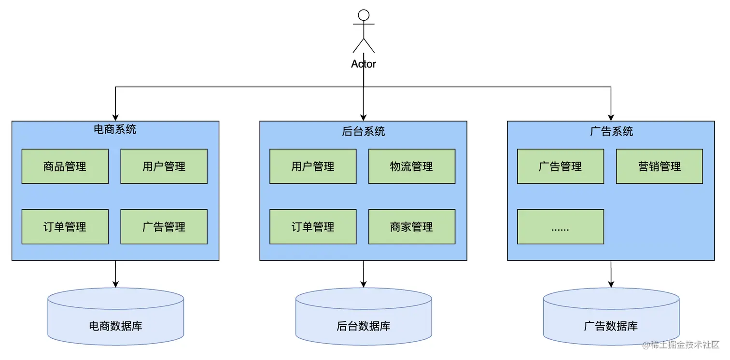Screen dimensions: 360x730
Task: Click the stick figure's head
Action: click(364, 15)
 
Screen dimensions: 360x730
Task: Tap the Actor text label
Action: click(364, 64)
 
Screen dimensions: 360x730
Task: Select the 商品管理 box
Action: click(65, 166)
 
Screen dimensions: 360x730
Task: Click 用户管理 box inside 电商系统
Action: click(164, 166)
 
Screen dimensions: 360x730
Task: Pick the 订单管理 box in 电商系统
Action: click(65, 227)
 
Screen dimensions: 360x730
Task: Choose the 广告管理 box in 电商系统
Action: click(164, 227)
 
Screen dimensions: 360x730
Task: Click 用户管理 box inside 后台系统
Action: click(313, 166)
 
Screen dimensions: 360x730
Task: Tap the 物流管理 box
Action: click(412, 166)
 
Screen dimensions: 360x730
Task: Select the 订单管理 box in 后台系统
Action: click(313, 227)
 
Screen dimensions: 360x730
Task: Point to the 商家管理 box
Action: click(412, 227)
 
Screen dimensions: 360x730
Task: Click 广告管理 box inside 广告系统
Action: click(561, 166)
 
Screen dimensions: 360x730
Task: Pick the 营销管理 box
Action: click(660, 166)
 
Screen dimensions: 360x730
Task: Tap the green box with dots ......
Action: click(561, 227)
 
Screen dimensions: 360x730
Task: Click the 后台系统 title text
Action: click(364, 131)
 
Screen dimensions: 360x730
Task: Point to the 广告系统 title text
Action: click(611, 131)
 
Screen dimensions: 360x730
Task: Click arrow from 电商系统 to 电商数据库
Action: click(115, 274)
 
